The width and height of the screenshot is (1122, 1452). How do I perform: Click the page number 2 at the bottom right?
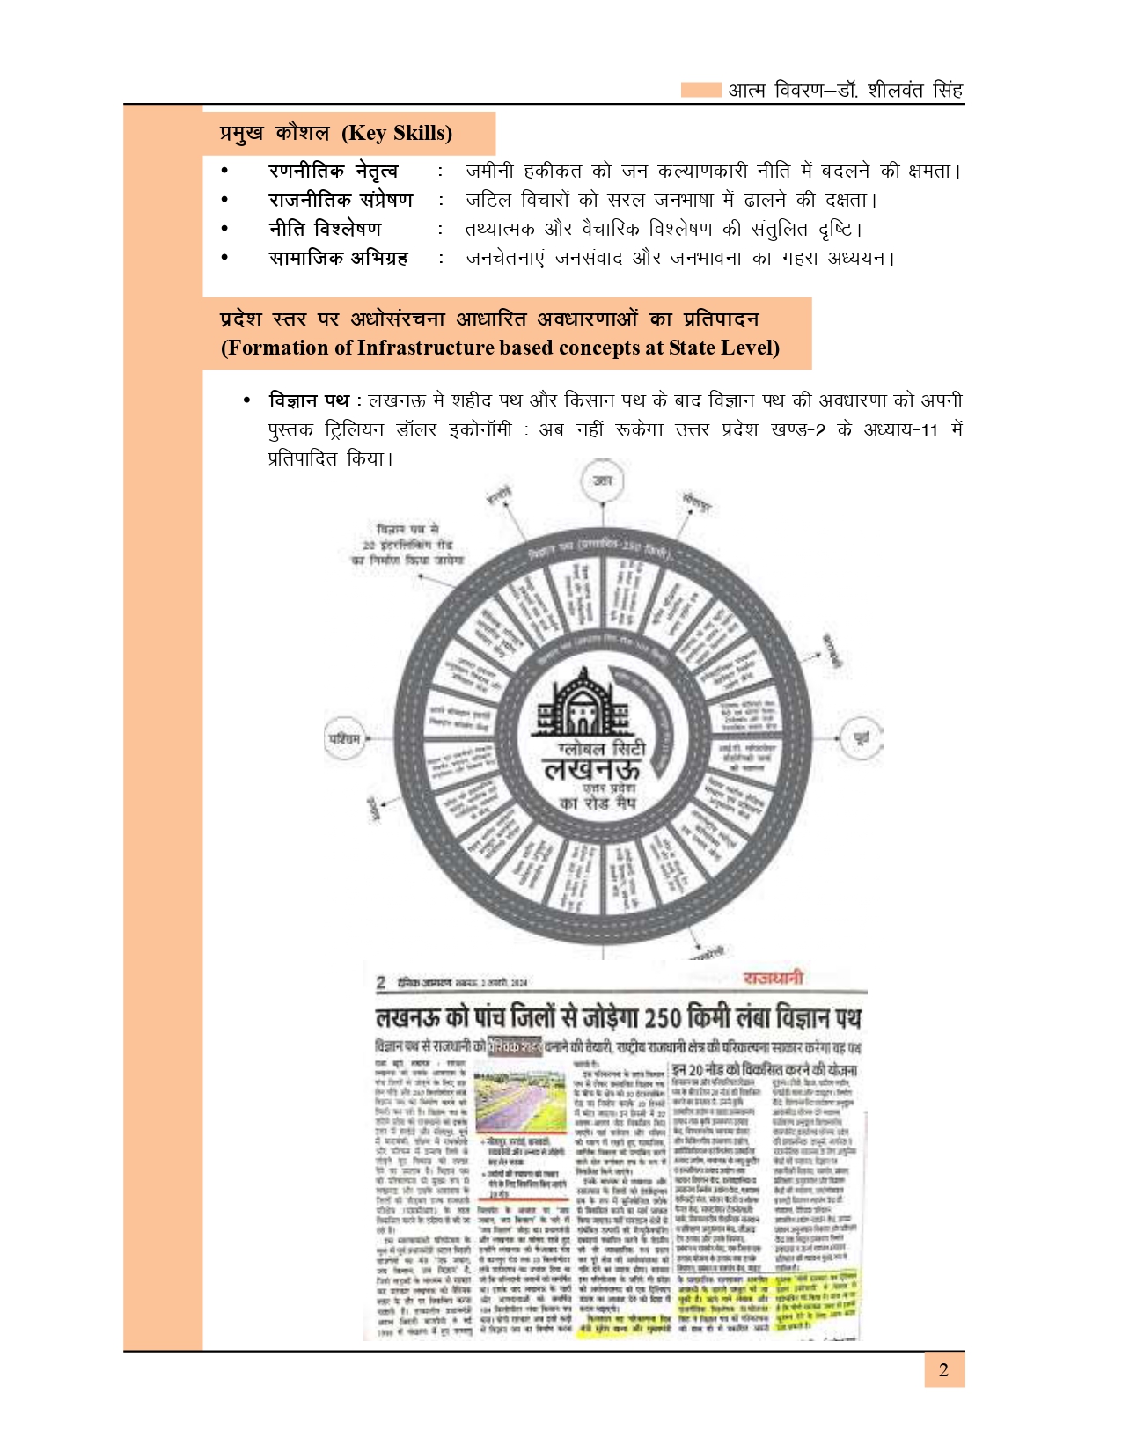click(x=943, y=1370)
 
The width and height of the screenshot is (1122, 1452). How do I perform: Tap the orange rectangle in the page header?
click(x=700, y=90)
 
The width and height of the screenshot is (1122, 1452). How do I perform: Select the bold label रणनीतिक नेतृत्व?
click(x=333, y=171)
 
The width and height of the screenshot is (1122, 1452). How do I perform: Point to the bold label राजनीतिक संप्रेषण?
click(x=341, y=200)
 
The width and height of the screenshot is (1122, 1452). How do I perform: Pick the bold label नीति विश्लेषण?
click(x=325, y=229)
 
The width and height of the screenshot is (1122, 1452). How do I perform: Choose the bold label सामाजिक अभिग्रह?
click(x=338, y=258)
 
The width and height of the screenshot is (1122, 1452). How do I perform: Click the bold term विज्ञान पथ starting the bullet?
click(x=309, y=401)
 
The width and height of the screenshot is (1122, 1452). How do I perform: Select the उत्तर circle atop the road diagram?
click(x=603, y=481)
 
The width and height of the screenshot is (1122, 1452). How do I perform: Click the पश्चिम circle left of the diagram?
click(x=344, y=739)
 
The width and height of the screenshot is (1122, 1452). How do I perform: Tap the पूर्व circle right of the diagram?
click(x=860, y=738)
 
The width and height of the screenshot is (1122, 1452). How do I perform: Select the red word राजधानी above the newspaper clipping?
click(x=773, y=979)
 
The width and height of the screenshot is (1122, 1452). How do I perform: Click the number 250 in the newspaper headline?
click(x=662, y=1018)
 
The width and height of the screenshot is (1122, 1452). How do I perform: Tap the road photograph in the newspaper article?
click(x=520, y=1101)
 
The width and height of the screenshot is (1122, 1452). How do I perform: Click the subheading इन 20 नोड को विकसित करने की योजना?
click(x=764, y=1070)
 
